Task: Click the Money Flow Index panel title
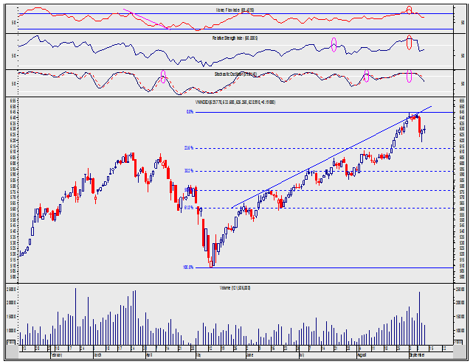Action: pyautogui.click(x=236, y=9)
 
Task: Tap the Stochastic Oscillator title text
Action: pyautogui.click(x=235, y=74)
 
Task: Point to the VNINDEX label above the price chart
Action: pyautogui.click(x=235, y=102)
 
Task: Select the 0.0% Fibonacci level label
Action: pyautogui.click(x=190, y=112)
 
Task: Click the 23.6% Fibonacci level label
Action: pyautogui.click(x=189, y=148)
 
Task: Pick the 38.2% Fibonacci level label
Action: pyautogui.click(x=189, y=171)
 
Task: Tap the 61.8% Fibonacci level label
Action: pyautogui.click(x=189, y=208)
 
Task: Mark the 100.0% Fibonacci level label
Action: pyautogui.click(x=188, y=267)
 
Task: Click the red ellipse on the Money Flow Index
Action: pyautogui.click(x=409, y=10)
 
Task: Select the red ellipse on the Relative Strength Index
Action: pyautogui.click(x=410, y=42)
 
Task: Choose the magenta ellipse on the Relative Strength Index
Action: pyautogui.click(x=334, y=44)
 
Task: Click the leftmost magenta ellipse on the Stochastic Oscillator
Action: pyautogui.click(x=163, y=76)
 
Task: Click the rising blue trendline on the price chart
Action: pyautogui.click(x=325, y=163)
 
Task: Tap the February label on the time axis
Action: pyautogui.click(x=55, y=354)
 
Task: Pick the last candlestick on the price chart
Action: pyautogui.click(x=424, y=129)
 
